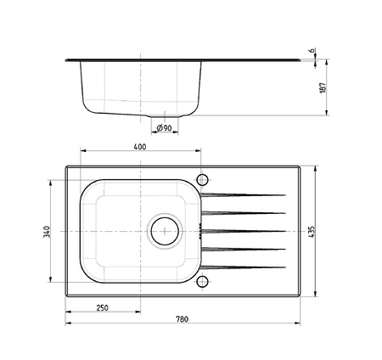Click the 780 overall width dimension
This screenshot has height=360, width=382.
182,319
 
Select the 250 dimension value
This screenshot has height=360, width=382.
102,307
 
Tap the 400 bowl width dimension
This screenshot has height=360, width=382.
140,147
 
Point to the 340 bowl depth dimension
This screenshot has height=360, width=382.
47,232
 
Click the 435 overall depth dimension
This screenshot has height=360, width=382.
311,232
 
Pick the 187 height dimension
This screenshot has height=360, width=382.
323,87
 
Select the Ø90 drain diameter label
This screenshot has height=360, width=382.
164,128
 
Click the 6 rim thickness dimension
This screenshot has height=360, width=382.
312,50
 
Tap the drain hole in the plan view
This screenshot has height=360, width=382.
165,232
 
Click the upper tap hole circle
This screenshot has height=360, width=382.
202,179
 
